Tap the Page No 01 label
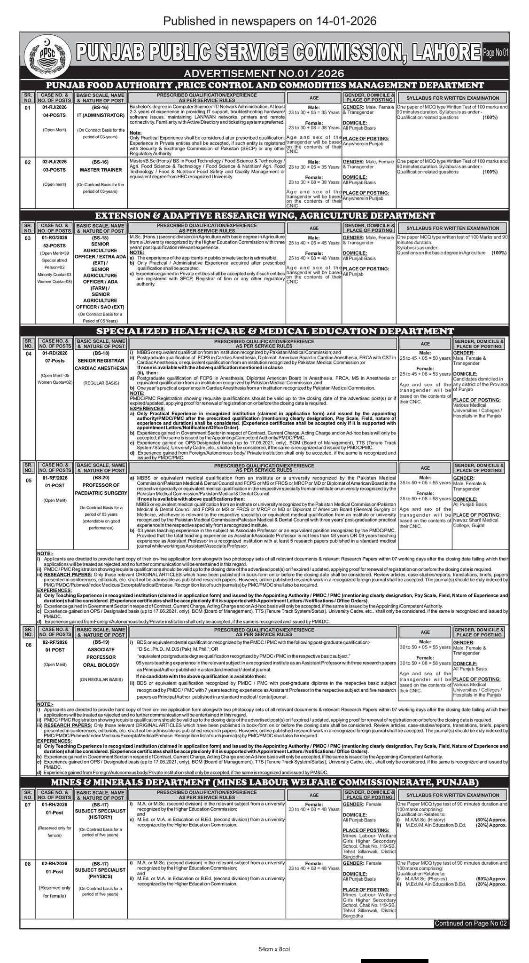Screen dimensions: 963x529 [495, 53]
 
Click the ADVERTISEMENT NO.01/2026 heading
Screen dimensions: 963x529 [264, 73]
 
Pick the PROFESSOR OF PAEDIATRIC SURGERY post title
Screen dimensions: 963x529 [101, 489]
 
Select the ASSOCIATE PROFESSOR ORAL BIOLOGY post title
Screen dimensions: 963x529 [101, 657]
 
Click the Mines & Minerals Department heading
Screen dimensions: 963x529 [265, 782]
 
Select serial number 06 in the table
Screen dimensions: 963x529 [28, 645]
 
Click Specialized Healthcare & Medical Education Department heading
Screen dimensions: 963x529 [265, 331]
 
